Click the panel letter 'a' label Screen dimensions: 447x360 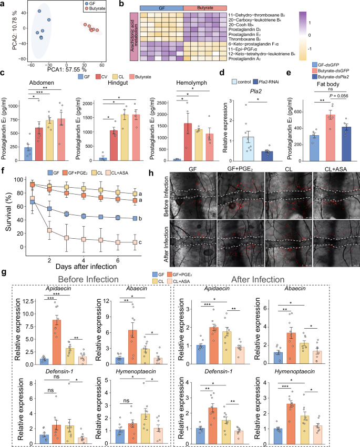[x=4, y=4]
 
